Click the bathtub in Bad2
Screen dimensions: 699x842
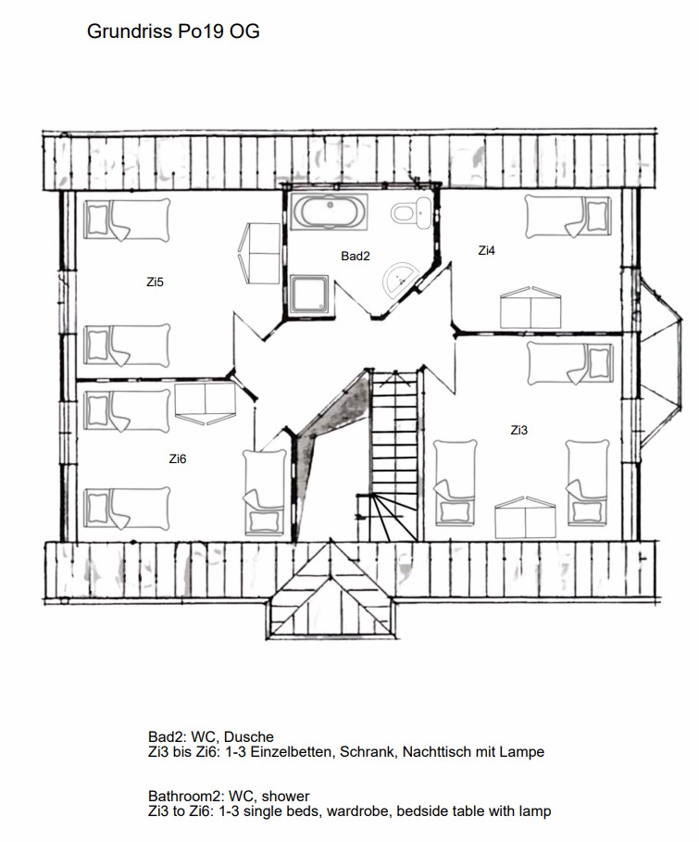click(x=328, y=211)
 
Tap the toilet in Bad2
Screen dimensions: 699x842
click(x=411, y=213)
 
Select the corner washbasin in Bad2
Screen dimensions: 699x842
click(x=400, y=277)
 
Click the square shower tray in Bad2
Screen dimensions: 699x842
click(x=309, y=295)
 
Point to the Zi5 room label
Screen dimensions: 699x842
click(x=155, y=282)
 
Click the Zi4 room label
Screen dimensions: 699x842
click(x=486, y=250)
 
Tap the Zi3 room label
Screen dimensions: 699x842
click(x=518, y=430)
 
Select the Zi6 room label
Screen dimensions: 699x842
click(x=177, y=459)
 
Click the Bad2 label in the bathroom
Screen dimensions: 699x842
click(x=356, y=257)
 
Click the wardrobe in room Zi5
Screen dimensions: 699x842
click(x=259, y=254)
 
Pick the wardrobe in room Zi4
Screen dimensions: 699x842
click(x=530, y=308)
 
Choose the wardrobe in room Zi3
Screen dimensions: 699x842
click(x=525, y=518)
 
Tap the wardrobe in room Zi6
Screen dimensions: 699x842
click(x=206, y=403)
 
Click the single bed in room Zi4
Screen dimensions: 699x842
click(x=568, y=217)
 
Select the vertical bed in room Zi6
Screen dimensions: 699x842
click(x=264, y=493)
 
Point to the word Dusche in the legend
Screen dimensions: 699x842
click(x=248, y=736)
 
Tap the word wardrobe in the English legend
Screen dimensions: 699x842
click(x=357, y=811)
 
